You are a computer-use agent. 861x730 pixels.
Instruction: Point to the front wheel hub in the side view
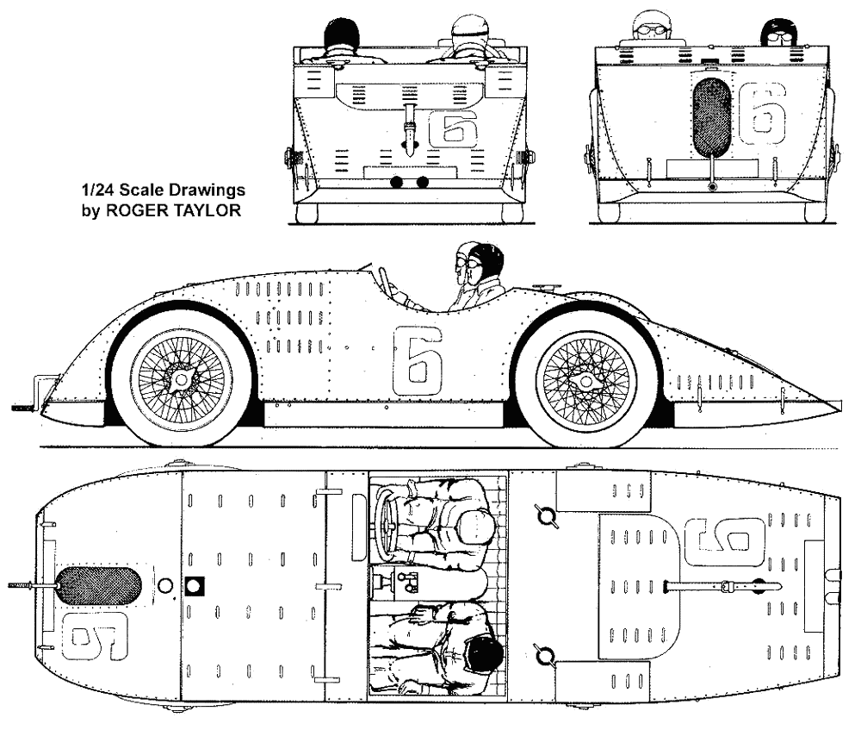[180, 380]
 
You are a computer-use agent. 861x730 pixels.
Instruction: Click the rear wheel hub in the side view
[585, 380]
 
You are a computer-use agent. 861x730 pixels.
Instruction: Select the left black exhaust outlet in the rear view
[397, 183]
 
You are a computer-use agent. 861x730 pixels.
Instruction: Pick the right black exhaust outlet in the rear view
[422, 183]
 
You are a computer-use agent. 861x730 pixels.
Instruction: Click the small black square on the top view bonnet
[197, 586]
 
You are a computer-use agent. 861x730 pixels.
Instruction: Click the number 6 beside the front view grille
[763, 114]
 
